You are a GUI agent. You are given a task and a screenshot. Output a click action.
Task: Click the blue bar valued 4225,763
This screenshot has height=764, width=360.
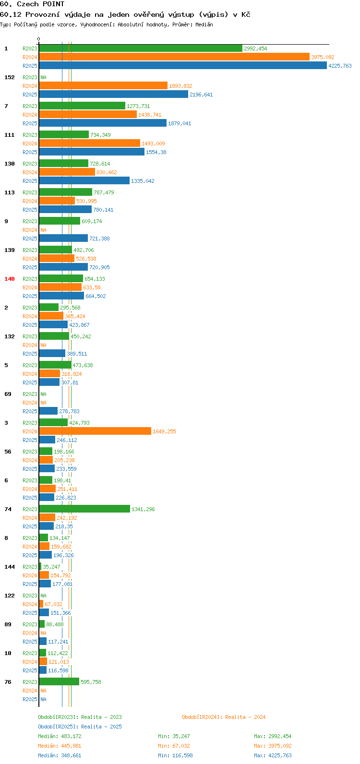[x=183, y=65]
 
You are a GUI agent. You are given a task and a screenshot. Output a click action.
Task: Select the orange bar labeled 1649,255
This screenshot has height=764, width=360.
[x=95, y=431]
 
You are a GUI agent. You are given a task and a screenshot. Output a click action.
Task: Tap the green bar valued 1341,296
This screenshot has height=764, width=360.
[x=84, y=509]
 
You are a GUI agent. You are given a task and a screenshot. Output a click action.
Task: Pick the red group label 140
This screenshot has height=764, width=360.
[x=10, y=279]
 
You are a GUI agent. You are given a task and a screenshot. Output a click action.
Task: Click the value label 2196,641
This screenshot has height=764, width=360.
[x=201, y=95]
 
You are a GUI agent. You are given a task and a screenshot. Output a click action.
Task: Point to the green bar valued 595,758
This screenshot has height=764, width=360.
[x=59, y=682]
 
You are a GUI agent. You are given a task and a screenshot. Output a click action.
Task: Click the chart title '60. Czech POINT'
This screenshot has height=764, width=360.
[x=32, y=4]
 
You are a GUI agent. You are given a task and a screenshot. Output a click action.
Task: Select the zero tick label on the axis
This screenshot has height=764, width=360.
[x=38, y=39]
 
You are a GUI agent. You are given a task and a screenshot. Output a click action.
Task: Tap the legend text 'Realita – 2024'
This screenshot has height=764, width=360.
[x=245, y=717]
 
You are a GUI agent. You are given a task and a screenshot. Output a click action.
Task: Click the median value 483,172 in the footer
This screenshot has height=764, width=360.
[x=71, y=736]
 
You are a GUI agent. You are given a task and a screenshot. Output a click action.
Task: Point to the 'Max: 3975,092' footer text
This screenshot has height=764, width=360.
[x=273, y=746]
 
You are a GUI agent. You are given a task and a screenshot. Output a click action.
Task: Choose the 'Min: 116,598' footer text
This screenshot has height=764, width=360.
[x=175, y=755]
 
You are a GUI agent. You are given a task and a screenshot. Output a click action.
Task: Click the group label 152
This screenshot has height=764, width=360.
[x=10, y=77]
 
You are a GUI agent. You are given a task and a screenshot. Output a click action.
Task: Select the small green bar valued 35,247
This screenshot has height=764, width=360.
[x=40, y=566]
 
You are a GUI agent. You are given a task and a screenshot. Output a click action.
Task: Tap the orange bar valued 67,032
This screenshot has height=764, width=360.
[x=41, y=604]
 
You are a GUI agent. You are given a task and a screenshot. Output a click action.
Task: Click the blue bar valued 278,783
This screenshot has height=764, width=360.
[x=48, y=411]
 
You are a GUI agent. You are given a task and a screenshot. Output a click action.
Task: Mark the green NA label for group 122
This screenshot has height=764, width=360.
[x=43, y=596]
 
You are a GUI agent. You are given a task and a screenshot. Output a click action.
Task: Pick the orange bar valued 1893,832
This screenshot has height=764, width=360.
[x=103, y=85]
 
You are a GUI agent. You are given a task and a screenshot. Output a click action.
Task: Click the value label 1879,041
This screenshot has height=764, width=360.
[x=180, y=123]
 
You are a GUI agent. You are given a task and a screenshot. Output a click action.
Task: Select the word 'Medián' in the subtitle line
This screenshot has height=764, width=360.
[x=204, y=24]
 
